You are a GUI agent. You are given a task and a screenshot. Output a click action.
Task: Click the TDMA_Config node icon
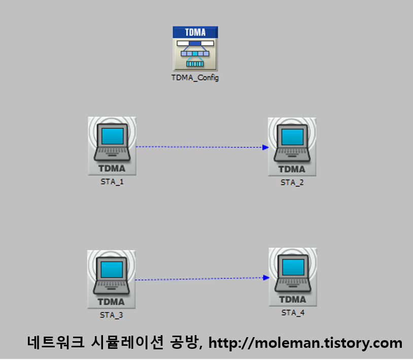point(195,49)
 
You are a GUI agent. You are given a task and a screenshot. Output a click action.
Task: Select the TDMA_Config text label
point(195,78)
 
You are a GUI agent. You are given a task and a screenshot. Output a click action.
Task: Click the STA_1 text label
point(112,182)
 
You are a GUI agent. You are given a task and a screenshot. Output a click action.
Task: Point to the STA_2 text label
point(292,182)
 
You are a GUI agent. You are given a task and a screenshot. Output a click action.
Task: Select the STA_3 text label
point(112,315)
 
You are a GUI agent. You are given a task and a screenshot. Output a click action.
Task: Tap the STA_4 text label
point(293,313)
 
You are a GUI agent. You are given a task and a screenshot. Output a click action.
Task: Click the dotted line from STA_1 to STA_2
point(198,147)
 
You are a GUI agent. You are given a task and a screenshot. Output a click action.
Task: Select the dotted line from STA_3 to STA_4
point(198,279)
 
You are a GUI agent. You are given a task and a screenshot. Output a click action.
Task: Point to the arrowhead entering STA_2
point(265,147)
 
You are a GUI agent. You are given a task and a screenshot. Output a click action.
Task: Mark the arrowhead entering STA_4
point(265,277)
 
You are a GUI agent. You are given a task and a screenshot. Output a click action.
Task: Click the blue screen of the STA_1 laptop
point(113,136)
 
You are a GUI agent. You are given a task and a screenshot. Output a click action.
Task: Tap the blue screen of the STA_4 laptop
point(293,267)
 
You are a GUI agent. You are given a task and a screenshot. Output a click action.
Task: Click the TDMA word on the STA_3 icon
point(112,301)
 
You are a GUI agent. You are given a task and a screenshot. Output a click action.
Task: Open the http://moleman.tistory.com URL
point(305,343)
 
